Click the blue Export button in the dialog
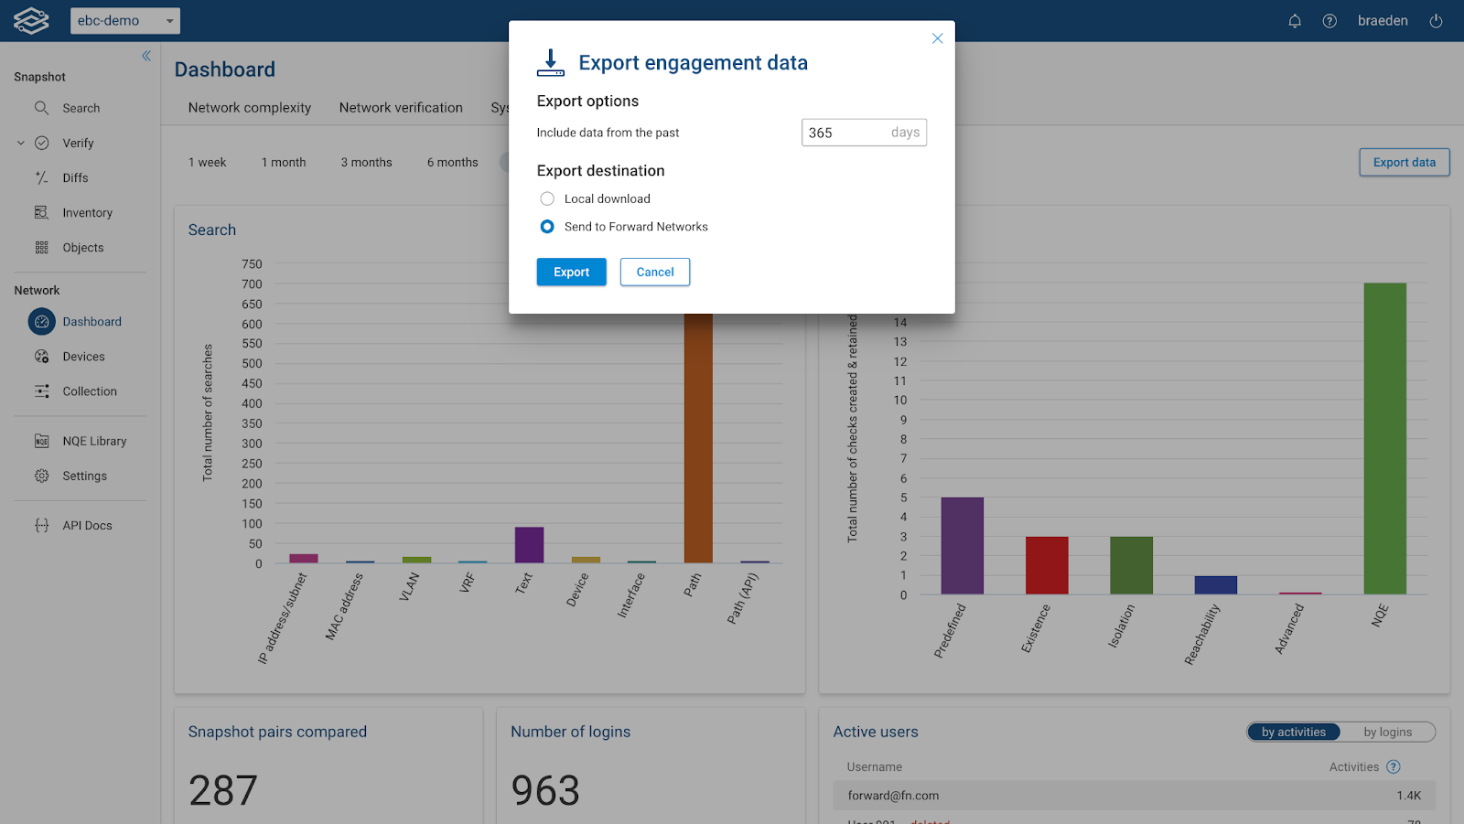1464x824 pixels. [571, 273]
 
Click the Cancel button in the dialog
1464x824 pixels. [655, 273]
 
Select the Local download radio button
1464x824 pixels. [547, 198]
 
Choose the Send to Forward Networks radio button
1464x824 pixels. [547, 227]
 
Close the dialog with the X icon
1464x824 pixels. [937, 38]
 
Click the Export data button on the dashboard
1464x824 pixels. [1404, 163]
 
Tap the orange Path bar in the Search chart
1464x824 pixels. [698, 439]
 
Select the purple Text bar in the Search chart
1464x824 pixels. [529, 545]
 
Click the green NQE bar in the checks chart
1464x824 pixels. [1384, 439]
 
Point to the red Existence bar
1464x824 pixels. [1047, 565]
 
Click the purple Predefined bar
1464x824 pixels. [962, 546]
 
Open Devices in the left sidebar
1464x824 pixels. [83, 357]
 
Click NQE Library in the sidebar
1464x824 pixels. [94, 441]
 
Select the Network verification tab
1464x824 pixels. [401, 108]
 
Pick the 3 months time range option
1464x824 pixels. [366, 163]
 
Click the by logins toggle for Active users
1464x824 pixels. [1387, 733]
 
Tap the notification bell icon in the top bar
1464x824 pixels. [1295, 21]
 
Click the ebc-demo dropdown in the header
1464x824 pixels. [125, 21]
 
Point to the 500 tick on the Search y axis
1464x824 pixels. [252, 364]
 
